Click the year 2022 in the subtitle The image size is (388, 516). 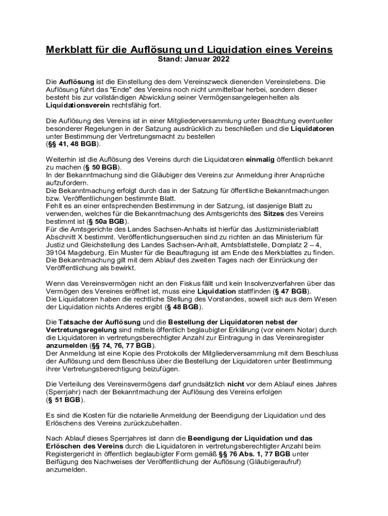pos(220,59)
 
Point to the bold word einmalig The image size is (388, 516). pos(260,159)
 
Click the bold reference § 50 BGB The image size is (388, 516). pos(102,167)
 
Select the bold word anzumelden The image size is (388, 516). pos(66,346)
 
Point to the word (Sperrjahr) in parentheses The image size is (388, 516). pos(64,392)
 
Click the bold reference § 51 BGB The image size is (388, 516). pos(63,400)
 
